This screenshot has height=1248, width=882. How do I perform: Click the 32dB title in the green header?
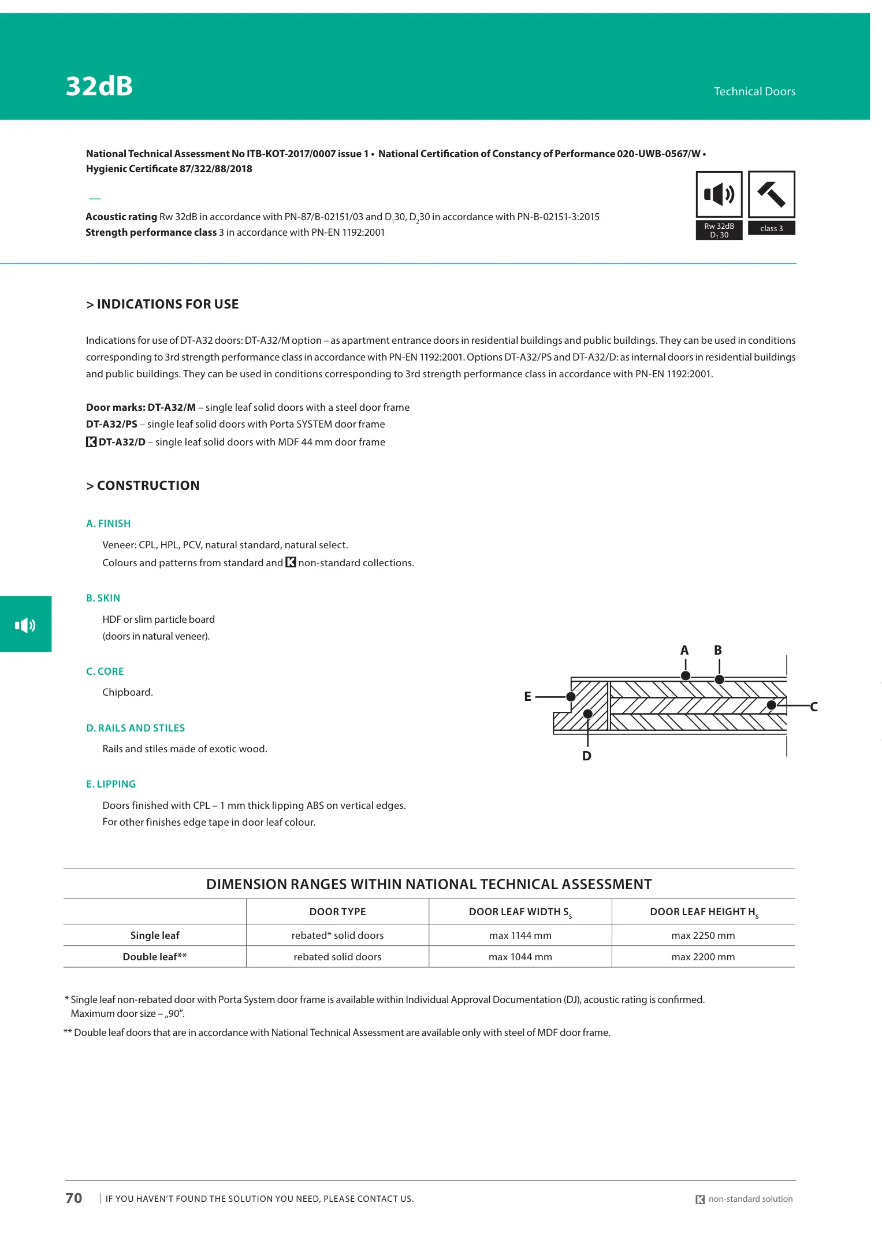coord(99,86)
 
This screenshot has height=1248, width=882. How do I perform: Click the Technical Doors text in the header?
coord(754,91)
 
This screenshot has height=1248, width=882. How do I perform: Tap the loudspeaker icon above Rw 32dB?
coord(719,194)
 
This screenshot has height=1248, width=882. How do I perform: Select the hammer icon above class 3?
coord(771,194)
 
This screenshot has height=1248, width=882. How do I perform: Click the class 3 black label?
coord(771,228)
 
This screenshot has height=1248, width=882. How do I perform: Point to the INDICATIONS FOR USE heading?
coord(162,304)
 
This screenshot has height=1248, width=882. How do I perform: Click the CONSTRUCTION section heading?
coord(143,485)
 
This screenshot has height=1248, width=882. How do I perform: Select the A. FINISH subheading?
coord(109,523)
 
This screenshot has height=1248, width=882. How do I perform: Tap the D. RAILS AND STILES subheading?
coord(136,728)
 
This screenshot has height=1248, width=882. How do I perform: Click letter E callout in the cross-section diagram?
coord(527,696)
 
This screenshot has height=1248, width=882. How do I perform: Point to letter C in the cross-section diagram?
coord(813,707)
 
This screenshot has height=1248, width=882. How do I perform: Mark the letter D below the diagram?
coord(587,756)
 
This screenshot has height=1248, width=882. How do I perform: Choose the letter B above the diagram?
coord(718,651)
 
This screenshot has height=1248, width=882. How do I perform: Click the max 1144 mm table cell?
coord(520,935)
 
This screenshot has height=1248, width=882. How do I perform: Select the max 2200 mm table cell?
coord(703,957)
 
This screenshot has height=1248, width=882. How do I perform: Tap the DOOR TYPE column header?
coord(337,912)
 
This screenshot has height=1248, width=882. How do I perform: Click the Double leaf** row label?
coord(155,957)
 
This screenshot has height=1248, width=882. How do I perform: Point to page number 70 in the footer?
coord(74,1198)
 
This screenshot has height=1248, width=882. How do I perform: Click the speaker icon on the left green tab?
coord(25,625)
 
